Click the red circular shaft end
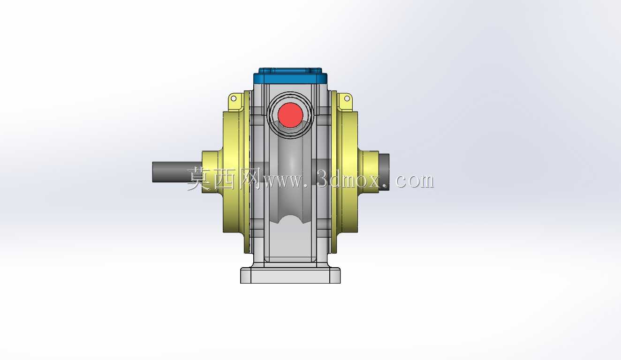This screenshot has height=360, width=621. [x=290, y=115]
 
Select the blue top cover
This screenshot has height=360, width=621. [x=290, y=76]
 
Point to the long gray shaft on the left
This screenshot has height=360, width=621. [x=177, y=172]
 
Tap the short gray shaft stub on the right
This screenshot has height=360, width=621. [x=384, y=172]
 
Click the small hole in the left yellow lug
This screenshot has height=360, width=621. [x=234, y=98]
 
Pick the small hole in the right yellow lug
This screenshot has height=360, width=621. [x=347, y=98]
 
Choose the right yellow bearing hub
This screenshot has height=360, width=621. [x=368, y=172]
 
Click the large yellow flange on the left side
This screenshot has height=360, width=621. [x=234, y=172]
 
